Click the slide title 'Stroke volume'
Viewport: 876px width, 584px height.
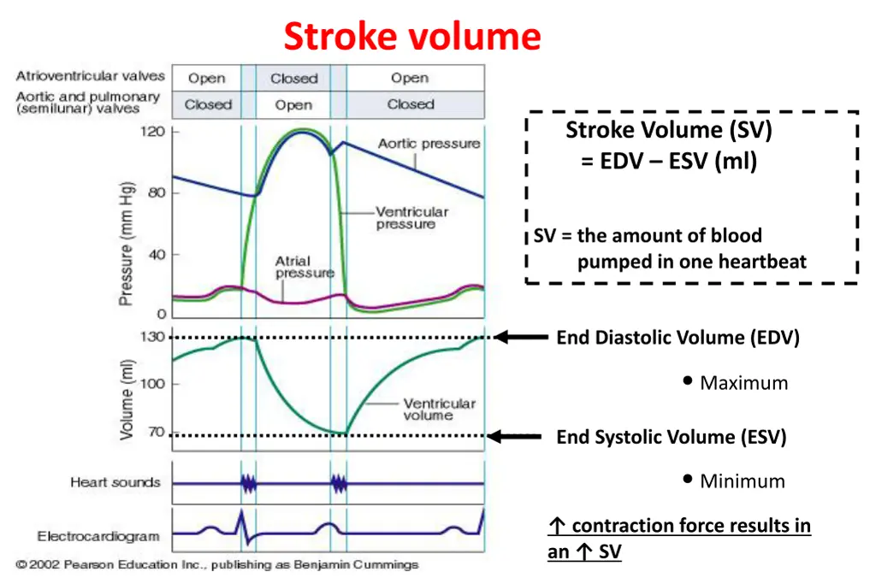411,38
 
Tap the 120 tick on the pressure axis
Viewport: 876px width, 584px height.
155,132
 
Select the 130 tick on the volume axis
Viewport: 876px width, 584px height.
153,337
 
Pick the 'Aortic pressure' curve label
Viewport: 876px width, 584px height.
429,144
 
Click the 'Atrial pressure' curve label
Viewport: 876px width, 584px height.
293,267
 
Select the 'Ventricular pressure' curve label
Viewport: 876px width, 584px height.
411,217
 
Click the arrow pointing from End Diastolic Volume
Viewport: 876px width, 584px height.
521,338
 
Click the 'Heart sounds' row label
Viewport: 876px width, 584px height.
115,482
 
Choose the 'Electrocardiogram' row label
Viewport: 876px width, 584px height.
98,537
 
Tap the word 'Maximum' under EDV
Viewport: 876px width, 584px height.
743,383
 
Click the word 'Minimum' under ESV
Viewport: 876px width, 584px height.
742,481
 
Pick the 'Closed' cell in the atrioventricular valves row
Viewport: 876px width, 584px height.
293,79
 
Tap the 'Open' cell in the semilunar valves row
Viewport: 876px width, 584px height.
293,105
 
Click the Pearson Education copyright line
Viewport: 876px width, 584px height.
217,565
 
